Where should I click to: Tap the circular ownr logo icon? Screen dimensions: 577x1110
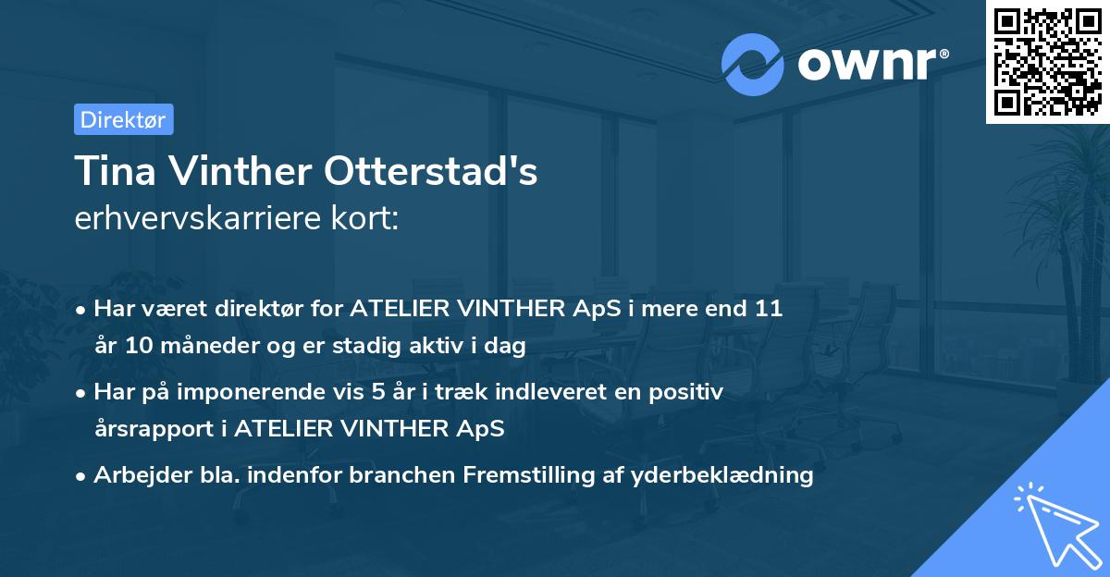(x=753, y=64)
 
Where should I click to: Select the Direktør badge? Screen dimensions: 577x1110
(x=123, y=119)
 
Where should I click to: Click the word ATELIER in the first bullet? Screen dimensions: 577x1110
(x=392, y=309)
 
